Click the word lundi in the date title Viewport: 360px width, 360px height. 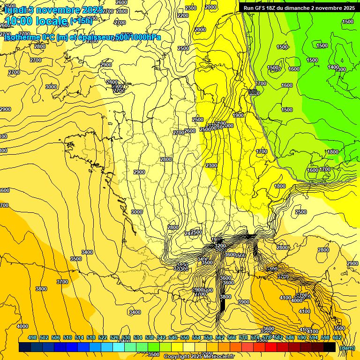click(15, 9)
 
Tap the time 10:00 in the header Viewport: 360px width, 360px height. click(19, 21)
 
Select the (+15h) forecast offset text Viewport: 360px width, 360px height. click(81, 21)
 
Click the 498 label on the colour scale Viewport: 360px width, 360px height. click(32, 338)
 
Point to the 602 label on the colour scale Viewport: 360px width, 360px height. click(337, 338)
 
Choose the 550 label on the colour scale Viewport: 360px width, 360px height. click(185, 338)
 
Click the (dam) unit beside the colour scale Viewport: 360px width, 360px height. click(346, 348)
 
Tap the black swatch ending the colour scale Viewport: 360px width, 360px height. click(330, 347)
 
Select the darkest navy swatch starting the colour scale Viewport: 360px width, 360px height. click(25, 347)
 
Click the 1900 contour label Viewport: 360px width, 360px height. click(238, 115)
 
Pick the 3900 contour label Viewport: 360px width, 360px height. click(243, 302)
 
